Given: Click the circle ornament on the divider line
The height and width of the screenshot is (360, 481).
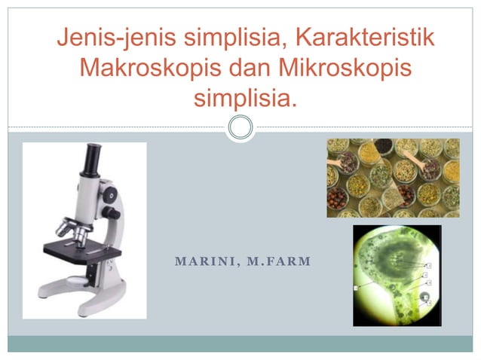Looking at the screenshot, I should pos(240,127).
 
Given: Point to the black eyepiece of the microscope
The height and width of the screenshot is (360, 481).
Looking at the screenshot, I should pos(93,159).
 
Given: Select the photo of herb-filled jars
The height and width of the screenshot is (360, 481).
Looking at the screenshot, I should pos(393,178).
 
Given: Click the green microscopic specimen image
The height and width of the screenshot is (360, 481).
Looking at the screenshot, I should pos(397,275).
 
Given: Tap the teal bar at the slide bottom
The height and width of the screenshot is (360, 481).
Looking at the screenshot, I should pos(240,344).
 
